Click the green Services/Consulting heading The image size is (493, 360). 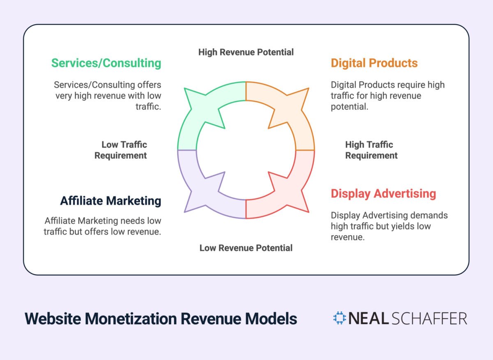click(106, 63)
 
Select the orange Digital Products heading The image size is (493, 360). click(374, 63)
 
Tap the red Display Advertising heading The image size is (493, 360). click(383, 194)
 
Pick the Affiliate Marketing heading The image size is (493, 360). click(111, 201)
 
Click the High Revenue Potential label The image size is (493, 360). click(246, 52)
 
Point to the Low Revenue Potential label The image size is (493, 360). click(246, 248)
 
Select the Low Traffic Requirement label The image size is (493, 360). click(121, 150)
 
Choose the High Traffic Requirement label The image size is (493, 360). click(371, 150)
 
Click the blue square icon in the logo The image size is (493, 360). click(339, 318)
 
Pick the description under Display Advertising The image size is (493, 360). click(389, 226)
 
